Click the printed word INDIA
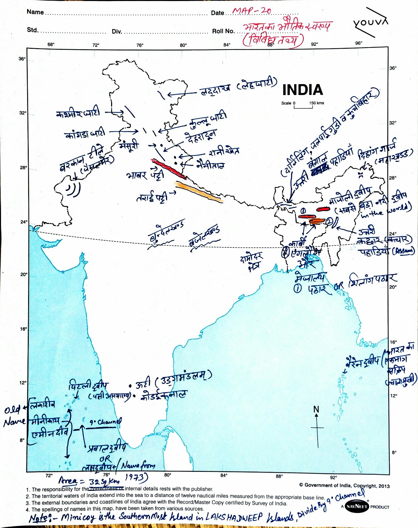(303, 90)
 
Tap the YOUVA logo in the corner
(370, 23)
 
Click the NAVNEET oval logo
(356, 506)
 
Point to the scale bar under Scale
(303, 107)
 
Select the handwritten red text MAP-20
(252, 11)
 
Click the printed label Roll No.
(223, 31)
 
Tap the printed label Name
(35, 12)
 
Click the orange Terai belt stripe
(199, 192)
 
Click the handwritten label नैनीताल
(210, 165)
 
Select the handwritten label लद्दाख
(216, 90)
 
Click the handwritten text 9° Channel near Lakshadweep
(105, 422)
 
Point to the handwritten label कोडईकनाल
(163, 395)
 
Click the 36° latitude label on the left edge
(22, 59)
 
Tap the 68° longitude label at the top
(51, 44)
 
